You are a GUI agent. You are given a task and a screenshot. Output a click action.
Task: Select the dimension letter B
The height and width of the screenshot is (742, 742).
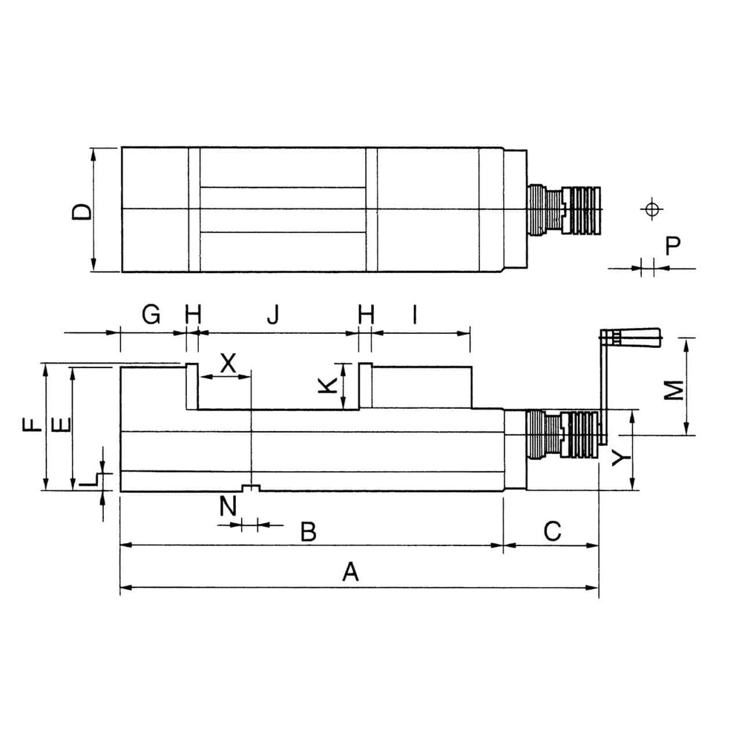(x=309, y=531)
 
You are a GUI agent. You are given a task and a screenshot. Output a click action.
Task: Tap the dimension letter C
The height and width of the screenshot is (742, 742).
(x=551, y=531)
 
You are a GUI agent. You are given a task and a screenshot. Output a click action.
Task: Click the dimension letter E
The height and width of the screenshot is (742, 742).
(x=62, y=424)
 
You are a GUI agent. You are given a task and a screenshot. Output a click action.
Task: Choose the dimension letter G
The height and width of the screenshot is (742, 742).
(x=151, y=316)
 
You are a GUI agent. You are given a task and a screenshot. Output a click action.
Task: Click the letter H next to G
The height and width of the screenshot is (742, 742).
(x=193, y=316)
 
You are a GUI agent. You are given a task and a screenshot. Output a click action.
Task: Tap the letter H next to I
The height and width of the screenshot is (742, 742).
(x=366, y=316)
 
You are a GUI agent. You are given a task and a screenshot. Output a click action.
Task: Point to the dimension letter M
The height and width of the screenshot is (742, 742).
(x=672, y=390)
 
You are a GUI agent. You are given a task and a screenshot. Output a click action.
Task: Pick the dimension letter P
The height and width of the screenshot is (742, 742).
(x=672, y=246)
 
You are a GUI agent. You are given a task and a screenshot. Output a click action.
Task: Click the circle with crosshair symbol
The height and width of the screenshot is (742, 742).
(x=651, y=209)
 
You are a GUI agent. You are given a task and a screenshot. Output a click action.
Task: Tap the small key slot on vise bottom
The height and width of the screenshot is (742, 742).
(x=252, y=487)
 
